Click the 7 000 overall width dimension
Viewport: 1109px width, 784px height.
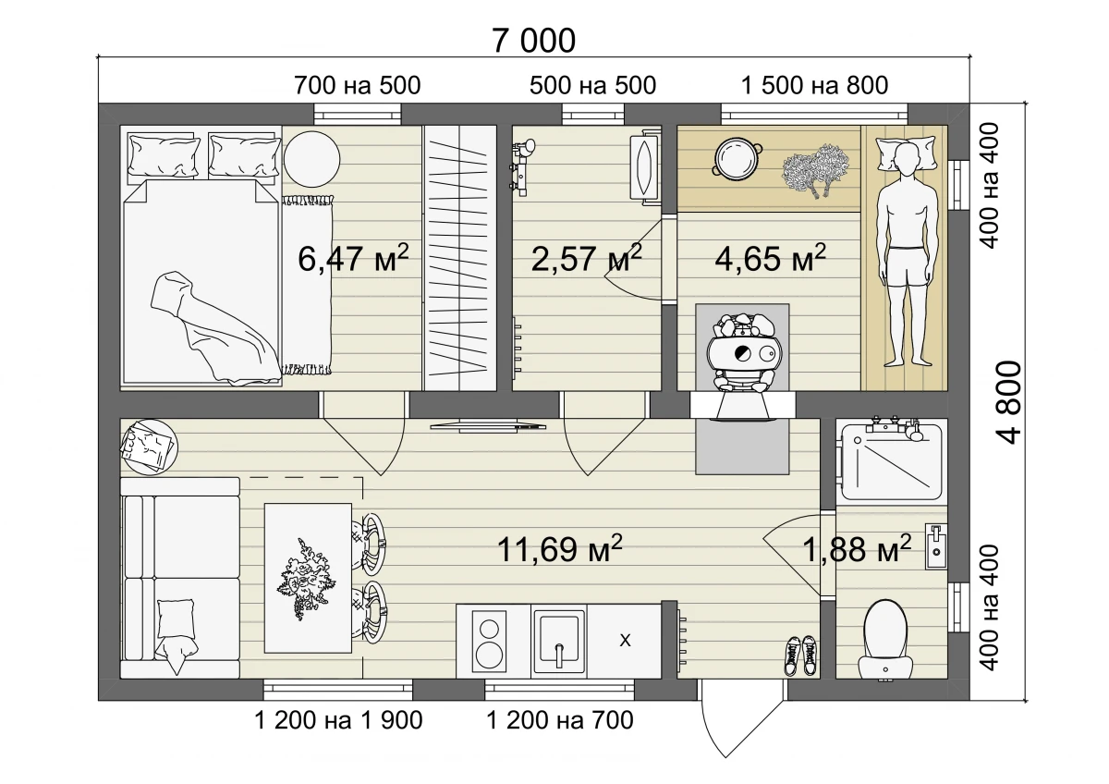point(534,41)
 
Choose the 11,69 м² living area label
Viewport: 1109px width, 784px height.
point(559,548)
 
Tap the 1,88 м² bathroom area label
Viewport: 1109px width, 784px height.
point(857,548)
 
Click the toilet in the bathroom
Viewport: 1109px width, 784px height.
point(885,640)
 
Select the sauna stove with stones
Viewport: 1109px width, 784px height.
point(742,352)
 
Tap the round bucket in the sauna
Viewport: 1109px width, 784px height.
point(737,157)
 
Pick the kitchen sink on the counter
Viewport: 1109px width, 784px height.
point(559,641)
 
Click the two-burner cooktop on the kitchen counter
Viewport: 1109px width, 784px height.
point(489,642)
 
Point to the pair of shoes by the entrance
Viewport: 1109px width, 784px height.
point(800,655)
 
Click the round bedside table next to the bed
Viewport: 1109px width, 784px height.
point(312,159)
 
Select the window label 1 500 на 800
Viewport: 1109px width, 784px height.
point(814,85)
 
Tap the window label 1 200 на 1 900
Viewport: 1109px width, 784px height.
point(338,720)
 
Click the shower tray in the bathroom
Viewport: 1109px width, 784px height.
point(892,461)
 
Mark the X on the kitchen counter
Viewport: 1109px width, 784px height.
point(626,641)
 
